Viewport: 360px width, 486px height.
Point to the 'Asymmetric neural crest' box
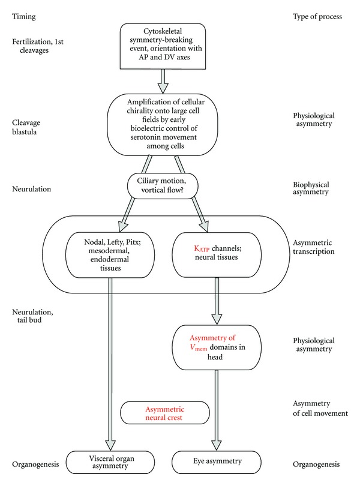pos(165,413)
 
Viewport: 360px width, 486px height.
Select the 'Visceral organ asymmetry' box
pos(115,464)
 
